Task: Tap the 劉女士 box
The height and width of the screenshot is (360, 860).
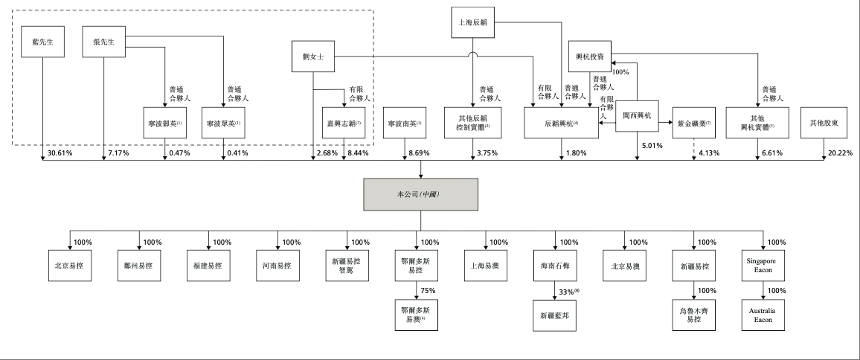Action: tap(312, 56)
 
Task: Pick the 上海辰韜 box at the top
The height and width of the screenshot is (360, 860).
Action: tap(473, 23)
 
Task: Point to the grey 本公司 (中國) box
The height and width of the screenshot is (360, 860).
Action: tap(420, 195)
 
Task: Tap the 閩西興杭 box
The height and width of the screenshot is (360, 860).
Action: tap(637, 116)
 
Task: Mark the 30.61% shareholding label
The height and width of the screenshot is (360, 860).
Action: tap(60, 152)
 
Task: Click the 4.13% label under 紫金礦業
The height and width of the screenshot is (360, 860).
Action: tap(710, 152)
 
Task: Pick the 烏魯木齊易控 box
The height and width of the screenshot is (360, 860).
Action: tap(693, 315)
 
